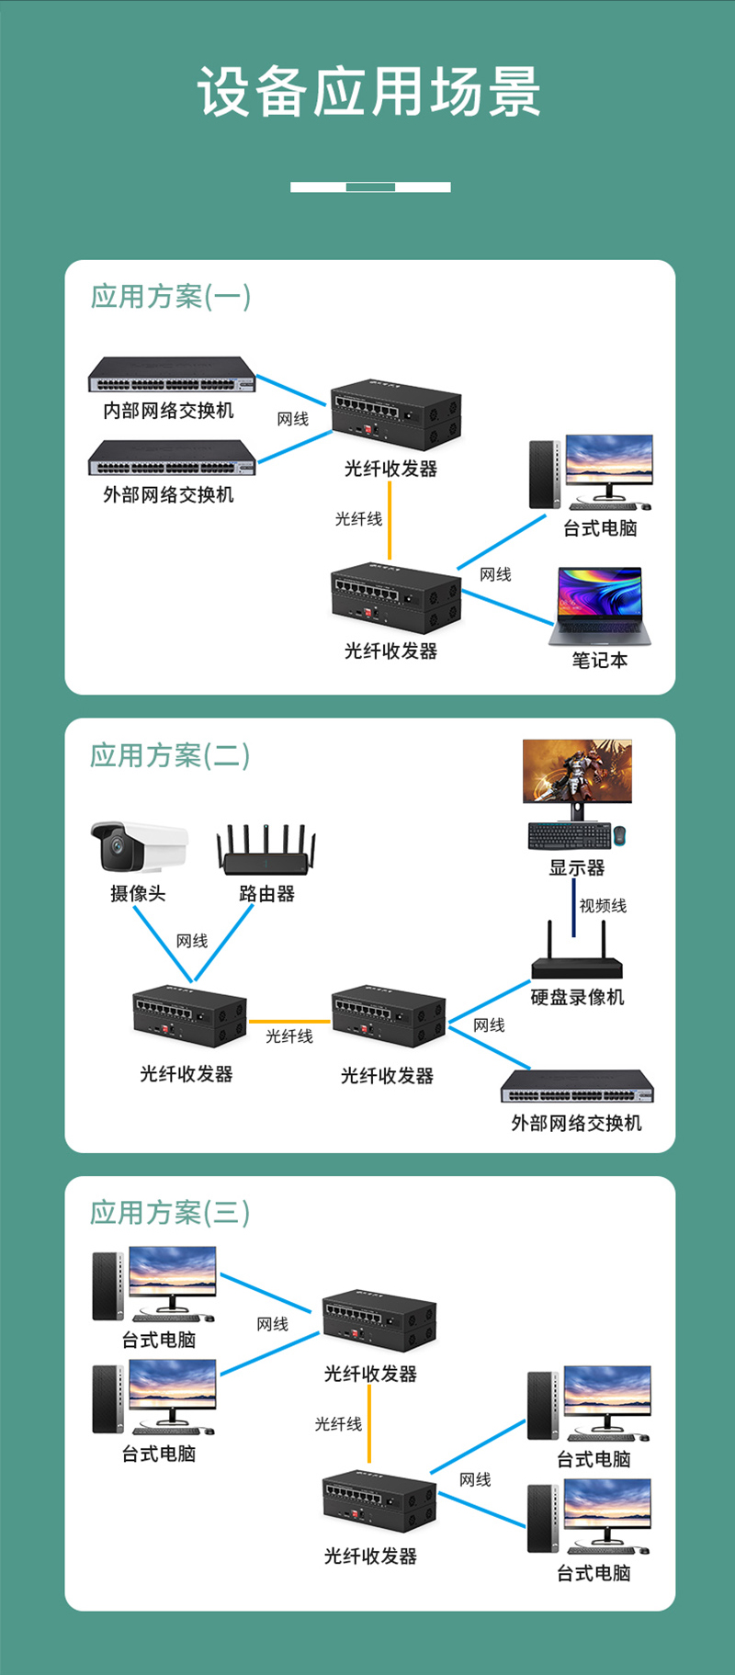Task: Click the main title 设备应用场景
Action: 368,92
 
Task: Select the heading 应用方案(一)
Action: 170,297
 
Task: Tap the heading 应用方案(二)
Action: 170,755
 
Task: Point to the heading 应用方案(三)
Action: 170,1213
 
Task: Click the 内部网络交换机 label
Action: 168,411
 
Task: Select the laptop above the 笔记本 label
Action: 600,606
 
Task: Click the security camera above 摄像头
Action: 138,845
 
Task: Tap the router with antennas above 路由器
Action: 266,850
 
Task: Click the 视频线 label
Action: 603,906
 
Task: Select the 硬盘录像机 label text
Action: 577,998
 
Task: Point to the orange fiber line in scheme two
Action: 288,1022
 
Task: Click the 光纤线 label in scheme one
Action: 358,519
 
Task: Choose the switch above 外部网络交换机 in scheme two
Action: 577,1088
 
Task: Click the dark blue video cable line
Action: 574,908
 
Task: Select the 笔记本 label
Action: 599,661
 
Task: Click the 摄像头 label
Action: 138,894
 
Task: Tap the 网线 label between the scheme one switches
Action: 293,419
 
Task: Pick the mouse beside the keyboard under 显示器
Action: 620,835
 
